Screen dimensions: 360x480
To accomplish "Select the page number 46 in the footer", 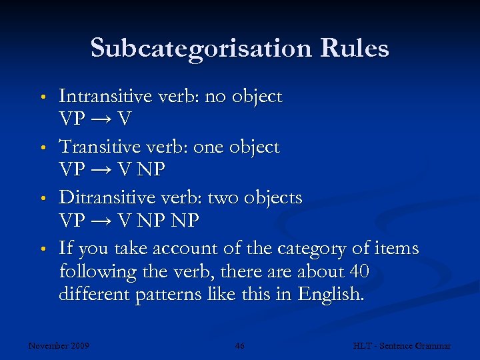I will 240,346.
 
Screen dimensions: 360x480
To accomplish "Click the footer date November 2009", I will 59,346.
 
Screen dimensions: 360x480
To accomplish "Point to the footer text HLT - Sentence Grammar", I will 401,346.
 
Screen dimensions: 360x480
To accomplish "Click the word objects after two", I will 273,199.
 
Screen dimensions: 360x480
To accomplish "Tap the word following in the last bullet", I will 97,273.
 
